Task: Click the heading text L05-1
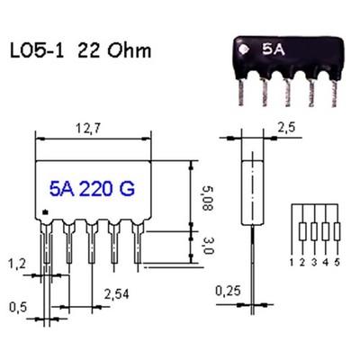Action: (x=37, y=50)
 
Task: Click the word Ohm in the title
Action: (x=130, y=50)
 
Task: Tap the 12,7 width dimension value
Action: (x=88, y=128)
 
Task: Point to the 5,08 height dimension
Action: (x=207, y=198)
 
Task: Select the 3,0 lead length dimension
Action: (x=207, y=245)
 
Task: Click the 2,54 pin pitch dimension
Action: (x=117, y=294)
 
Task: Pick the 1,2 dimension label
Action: (x=17, y=264)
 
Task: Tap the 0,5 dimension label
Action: (x=18, y=307)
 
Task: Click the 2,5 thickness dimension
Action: (x=286, y=128)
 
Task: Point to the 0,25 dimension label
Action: (x=228, y=291)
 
